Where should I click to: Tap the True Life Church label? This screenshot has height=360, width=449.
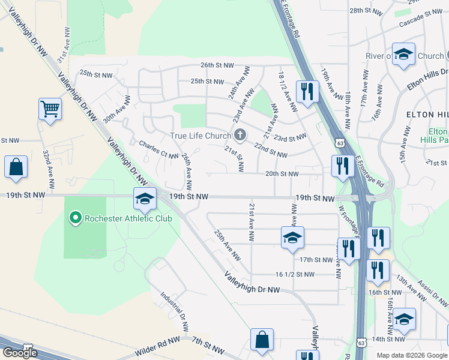tap(200, 136)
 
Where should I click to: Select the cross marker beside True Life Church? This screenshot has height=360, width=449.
tap(240, 135)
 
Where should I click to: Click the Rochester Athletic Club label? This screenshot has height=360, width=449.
tap(128, 218)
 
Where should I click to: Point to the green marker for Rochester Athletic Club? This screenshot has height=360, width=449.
tap(76, 218)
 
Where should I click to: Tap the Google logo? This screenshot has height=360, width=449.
tap(20, 353)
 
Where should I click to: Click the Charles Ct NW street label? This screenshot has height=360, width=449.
tap(158, 149)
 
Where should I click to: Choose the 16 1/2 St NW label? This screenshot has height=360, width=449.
tap(295, 274)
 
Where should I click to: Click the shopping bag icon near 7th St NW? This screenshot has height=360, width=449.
tap(262, 340)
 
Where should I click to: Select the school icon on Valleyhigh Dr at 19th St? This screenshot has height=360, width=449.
tap(145, 199)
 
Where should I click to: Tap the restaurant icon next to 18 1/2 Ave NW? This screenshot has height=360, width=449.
tap(307, 92)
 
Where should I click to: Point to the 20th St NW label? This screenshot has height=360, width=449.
tap(282, 174)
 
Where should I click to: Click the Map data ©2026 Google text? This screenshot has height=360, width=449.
tap(412, 355)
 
